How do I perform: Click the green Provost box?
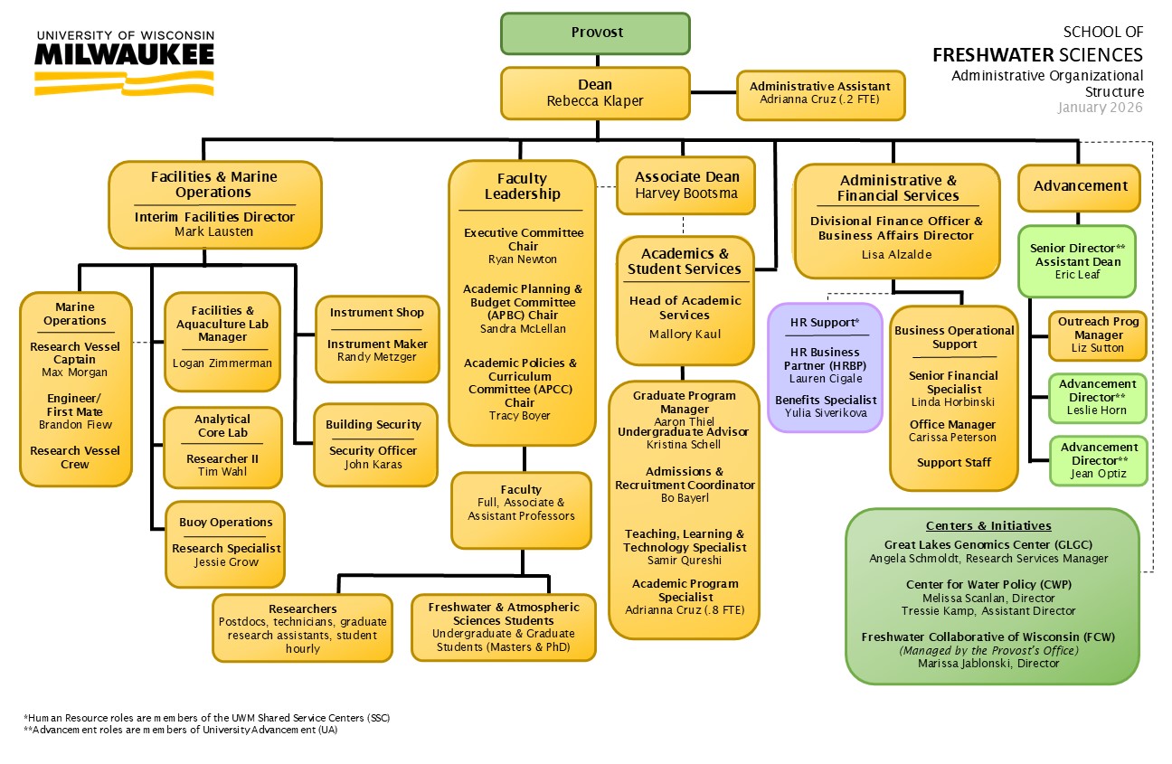point(596,33)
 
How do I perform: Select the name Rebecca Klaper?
point(595,101)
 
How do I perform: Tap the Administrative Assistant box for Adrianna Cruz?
point(820,94)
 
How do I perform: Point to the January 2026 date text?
point(1100,108)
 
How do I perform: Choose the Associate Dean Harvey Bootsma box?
point(685,185)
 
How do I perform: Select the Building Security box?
point(373,445)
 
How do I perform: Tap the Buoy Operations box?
point(225,542)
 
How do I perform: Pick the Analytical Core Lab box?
point(222,447)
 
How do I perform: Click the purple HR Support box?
point(824,367)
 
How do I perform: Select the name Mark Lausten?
point(214,231)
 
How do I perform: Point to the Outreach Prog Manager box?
point(1098,335)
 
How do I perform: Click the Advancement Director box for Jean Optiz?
point(1098,459)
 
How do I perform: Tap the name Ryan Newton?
point(523,259)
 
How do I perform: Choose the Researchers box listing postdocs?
point(302,627)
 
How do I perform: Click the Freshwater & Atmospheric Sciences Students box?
point(503,627)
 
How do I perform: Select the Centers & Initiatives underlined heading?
point(988,526)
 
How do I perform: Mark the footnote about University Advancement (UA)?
point(180,730)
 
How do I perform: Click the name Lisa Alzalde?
point(896,255)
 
